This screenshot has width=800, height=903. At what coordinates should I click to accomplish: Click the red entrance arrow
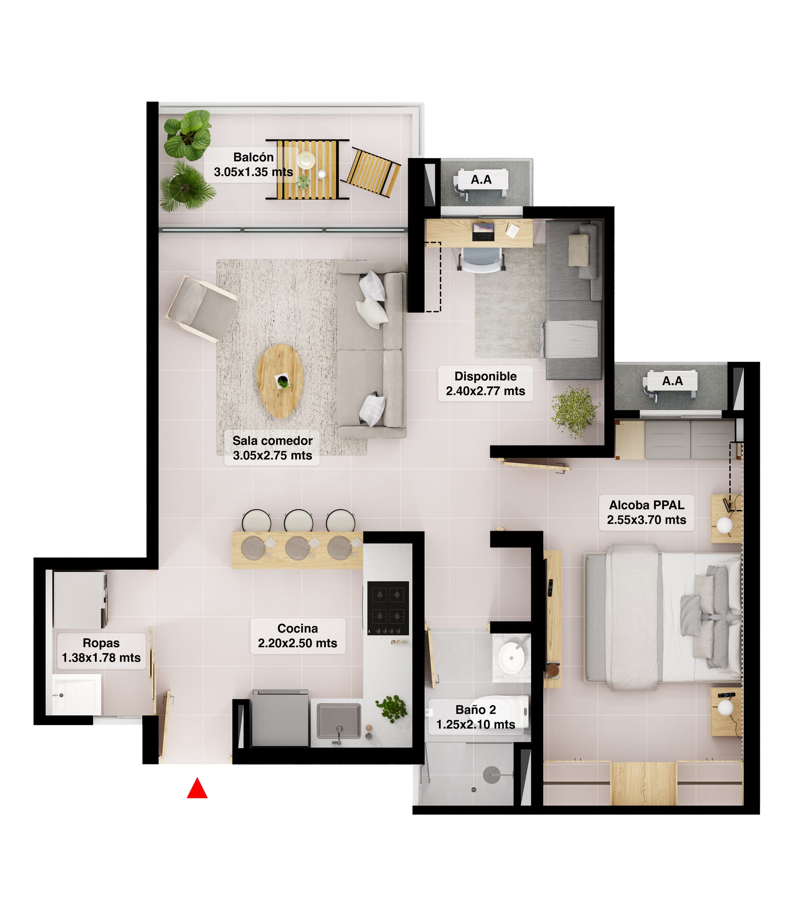197,788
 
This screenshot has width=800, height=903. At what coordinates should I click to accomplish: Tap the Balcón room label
253,165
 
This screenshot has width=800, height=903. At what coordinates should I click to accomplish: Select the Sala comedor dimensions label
272,448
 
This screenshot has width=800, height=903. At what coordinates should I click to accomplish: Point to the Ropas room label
101,650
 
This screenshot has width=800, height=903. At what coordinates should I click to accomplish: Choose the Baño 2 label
475,717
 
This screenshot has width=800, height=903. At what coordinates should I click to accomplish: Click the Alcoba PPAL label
646,513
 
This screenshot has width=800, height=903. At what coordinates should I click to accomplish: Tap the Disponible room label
485,384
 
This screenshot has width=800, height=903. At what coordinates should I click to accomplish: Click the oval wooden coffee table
280,381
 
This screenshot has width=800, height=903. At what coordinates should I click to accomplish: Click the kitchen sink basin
339,721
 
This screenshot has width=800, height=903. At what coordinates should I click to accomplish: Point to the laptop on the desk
483,232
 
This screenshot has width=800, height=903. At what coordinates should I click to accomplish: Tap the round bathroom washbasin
512,657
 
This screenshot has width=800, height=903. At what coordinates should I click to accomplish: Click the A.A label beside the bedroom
672,381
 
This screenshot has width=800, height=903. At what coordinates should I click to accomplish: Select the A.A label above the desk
481,179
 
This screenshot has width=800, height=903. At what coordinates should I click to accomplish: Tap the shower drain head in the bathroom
491,774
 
